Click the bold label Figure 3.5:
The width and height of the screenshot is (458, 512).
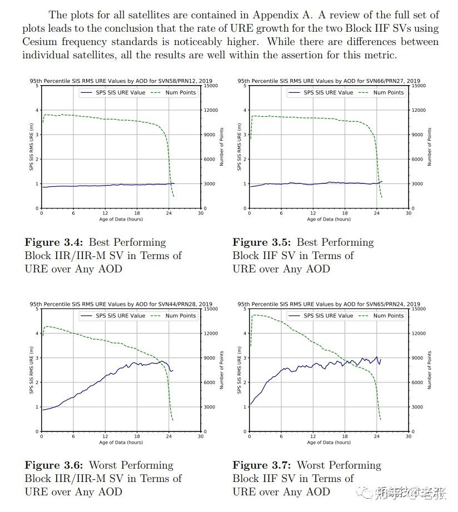(262, 242)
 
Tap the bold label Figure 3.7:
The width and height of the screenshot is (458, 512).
(262, 465)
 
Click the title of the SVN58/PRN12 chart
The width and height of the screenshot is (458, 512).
(121, 81)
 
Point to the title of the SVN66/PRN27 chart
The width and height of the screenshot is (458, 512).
(328, 81)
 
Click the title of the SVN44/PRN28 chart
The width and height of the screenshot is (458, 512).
(121, 304)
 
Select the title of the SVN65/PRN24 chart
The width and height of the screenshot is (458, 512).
(328, 304)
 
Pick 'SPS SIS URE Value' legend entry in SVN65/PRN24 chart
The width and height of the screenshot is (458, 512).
(328, 316)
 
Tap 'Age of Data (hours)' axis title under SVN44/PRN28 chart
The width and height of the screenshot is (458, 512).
(121, 443)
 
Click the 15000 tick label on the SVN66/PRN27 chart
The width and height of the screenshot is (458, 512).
(417, 86)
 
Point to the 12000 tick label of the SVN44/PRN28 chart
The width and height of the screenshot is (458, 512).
(210, 334)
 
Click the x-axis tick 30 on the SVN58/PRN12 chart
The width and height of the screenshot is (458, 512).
(201, 213)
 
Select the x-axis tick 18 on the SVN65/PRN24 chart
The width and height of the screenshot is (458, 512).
(345, 436)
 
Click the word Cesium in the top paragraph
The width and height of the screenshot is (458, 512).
(39, 42)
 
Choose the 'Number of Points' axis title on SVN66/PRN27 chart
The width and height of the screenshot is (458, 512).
(429, 147)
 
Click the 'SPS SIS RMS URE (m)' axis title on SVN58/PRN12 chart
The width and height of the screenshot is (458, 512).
(31, 147)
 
